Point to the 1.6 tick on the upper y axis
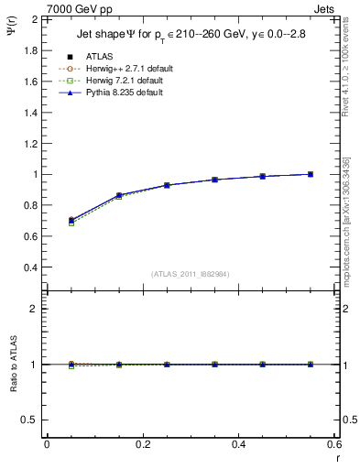tap(30, 81)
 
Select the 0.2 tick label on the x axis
tap(142, 444)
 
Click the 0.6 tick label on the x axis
tap(333, 444)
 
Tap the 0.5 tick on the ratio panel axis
tap(30, 420)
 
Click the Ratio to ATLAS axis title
tap(12, 364)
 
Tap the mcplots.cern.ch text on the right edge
tap(350, 247)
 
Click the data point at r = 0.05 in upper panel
tap(71, 221)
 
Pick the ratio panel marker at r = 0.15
tap(119, 365)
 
